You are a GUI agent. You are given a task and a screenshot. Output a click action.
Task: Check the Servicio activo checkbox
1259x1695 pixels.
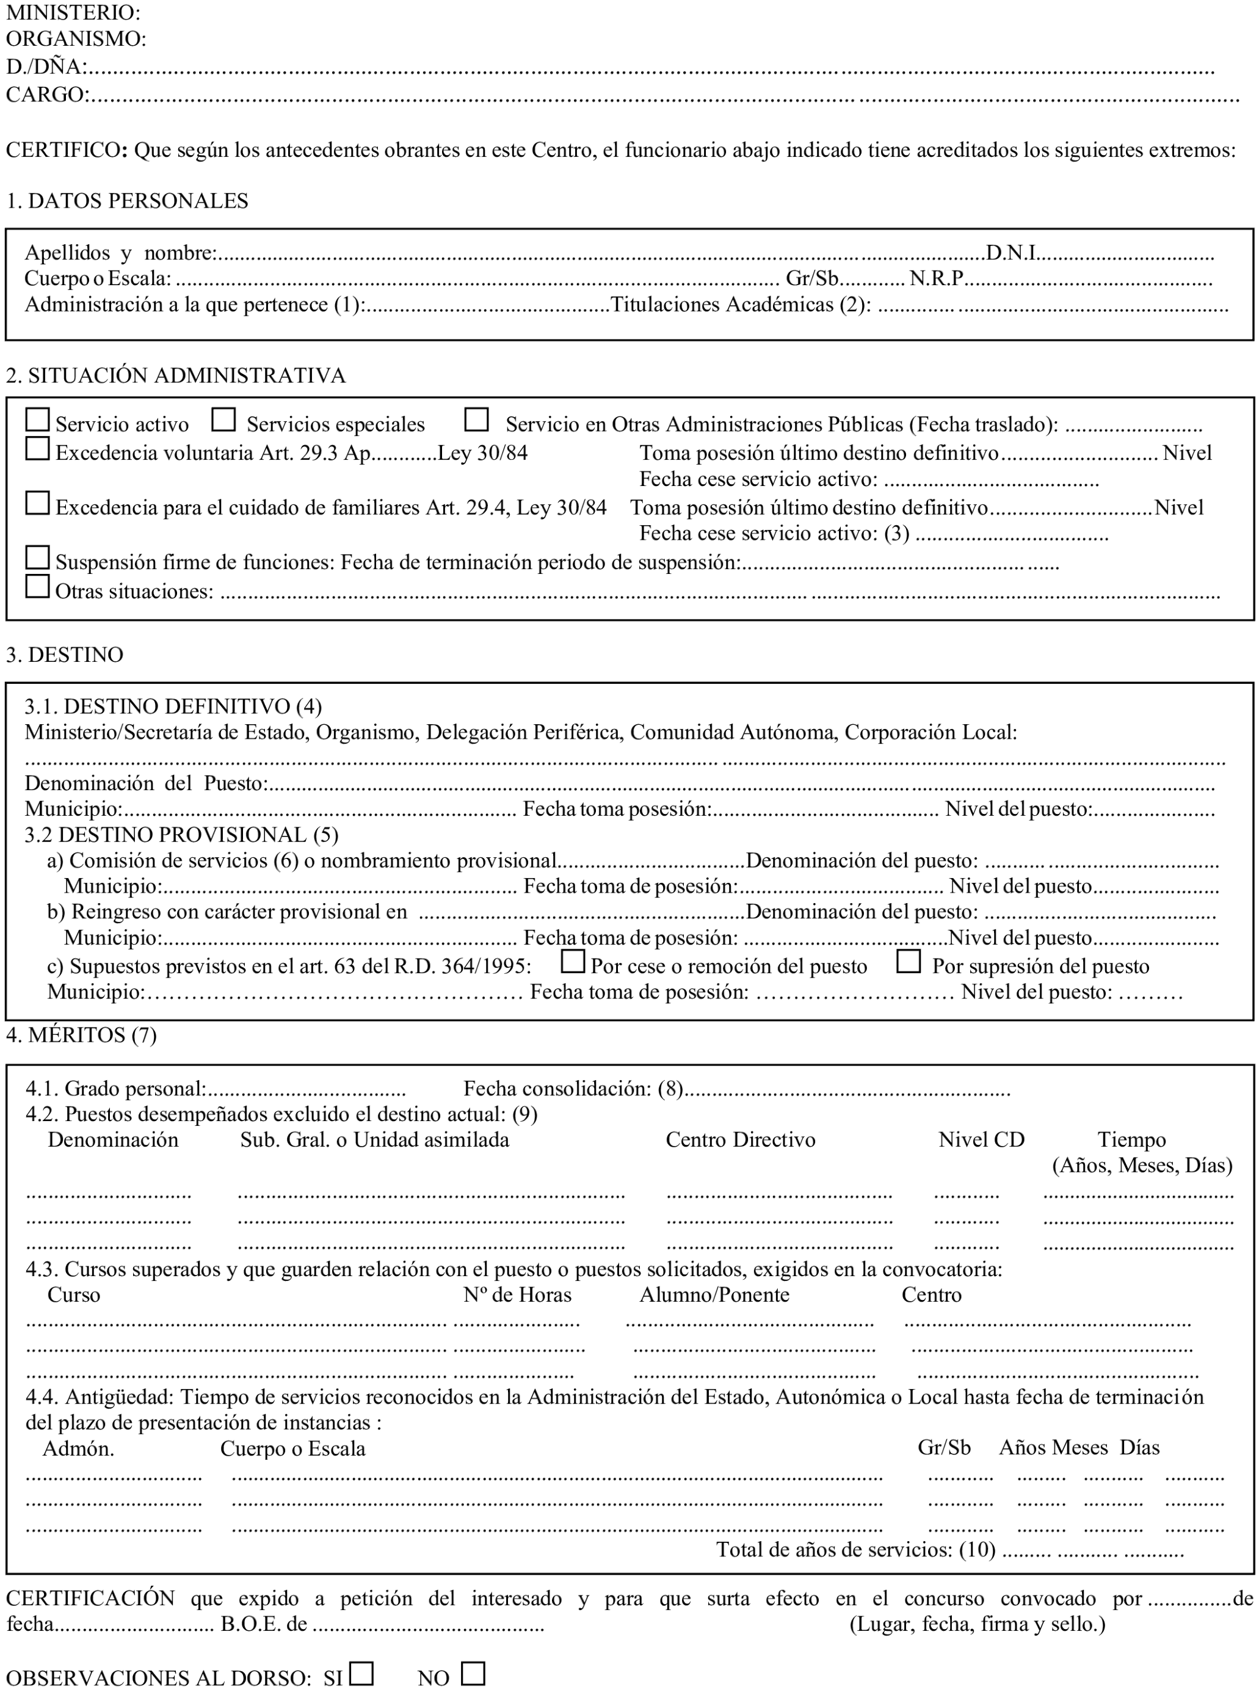coord(37,420)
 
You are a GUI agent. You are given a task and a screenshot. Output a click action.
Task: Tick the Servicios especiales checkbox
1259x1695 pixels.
coord(223,420)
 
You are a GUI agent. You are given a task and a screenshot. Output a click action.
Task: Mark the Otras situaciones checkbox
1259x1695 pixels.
coord(37,586)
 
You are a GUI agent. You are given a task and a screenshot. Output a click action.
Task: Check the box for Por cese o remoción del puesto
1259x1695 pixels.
coord(572,961)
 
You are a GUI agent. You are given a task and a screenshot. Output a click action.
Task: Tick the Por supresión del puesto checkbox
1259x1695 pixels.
coord(909,961)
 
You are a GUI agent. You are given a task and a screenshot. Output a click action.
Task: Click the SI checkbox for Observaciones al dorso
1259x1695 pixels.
coord(361,1674)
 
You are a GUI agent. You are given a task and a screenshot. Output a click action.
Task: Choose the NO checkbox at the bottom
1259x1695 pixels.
coord(473,1674)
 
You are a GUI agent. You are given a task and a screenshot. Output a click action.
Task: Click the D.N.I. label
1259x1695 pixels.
coord(1014,252)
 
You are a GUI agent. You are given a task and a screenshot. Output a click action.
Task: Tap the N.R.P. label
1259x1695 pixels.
coord(937,278)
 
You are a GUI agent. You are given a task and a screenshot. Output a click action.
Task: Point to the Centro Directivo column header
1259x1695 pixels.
coord(740,1139)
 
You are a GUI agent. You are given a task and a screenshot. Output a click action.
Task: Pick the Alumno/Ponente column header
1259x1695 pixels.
coord(714,1295)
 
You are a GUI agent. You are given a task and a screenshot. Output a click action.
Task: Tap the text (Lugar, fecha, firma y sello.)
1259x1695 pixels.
coord(977,1624)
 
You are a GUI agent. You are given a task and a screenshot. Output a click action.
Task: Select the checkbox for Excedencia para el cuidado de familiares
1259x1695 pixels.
coord(37,503)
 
